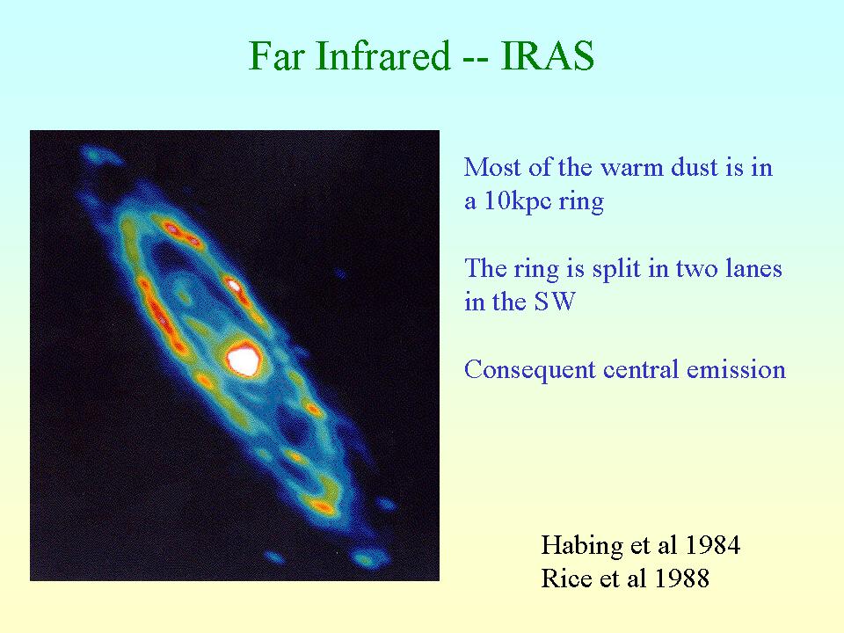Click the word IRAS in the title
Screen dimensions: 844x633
[547, 55]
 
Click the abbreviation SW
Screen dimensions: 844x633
[555, 302]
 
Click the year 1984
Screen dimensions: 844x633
[713, 545]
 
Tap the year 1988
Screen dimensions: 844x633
[682, 578]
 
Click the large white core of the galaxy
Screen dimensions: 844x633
[244, 360]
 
